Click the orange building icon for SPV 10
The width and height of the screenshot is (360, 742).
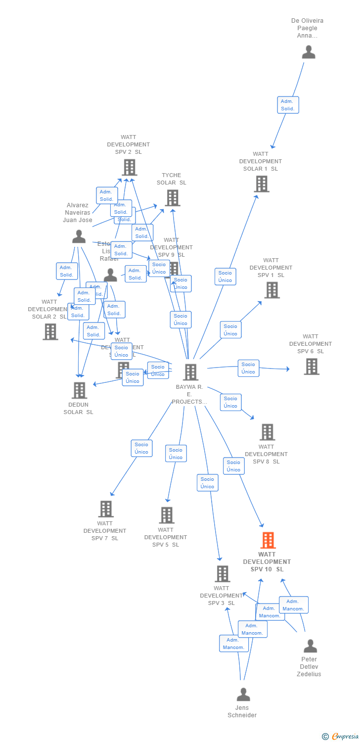268,541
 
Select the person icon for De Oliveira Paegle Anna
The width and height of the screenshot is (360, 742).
309,52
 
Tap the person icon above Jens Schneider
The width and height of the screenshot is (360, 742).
243,695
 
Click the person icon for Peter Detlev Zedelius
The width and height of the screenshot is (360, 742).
310,646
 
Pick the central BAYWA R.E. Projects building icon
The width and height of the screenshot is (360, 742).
190,372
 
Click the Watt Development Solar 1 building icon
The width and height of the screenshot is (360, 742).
261,184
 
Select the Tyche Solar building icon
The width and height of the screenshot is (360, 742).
172,198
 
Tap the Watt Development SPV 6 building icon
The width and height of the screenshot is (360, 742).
311,367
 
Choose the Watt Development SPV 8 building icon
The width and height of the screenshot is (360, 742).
267,432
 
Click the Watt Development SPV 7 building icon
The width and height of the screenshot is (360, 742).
106,509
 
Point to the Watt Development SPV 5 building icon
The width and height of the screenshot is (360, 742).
167,515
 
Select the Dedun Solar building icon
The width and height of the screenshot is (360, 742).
79,390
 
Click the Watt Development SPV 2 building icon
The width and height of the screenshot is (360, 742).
129,167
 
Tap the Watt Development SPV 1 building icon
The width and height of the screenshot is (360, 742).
271,290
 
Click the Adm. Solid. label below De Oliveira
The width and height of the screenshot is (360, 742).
288,105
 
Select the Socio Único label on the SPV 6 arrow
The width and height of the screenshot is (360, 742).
248,368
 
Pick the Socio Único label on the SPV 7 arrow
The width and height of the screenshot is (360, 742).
141,448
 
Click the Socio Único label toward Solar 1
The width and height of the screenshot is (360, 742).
225,277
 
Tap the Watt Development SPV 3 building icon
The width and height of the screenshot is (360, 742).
222,574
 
